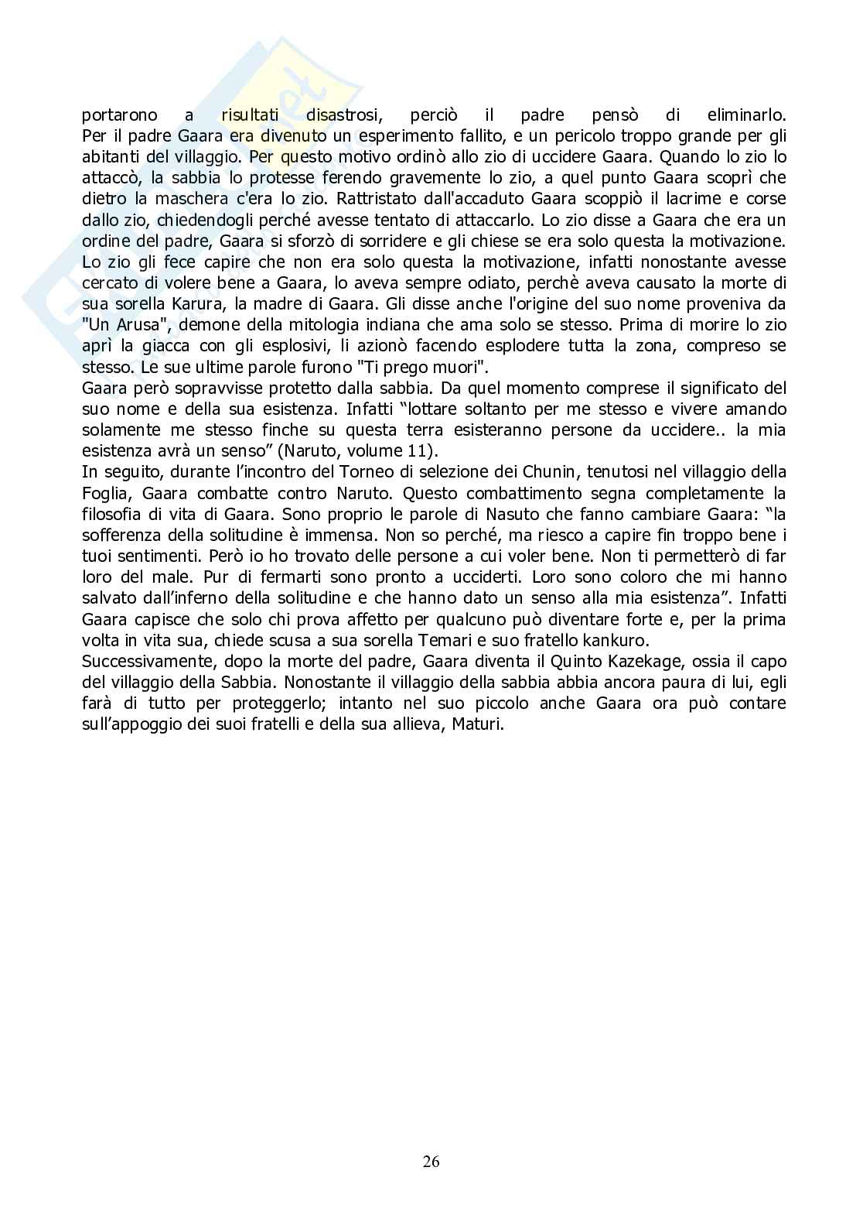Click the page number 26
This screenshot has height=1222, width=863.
click(432, 1161)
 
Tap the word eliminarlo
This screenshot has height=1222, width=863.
click(745, 115)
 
